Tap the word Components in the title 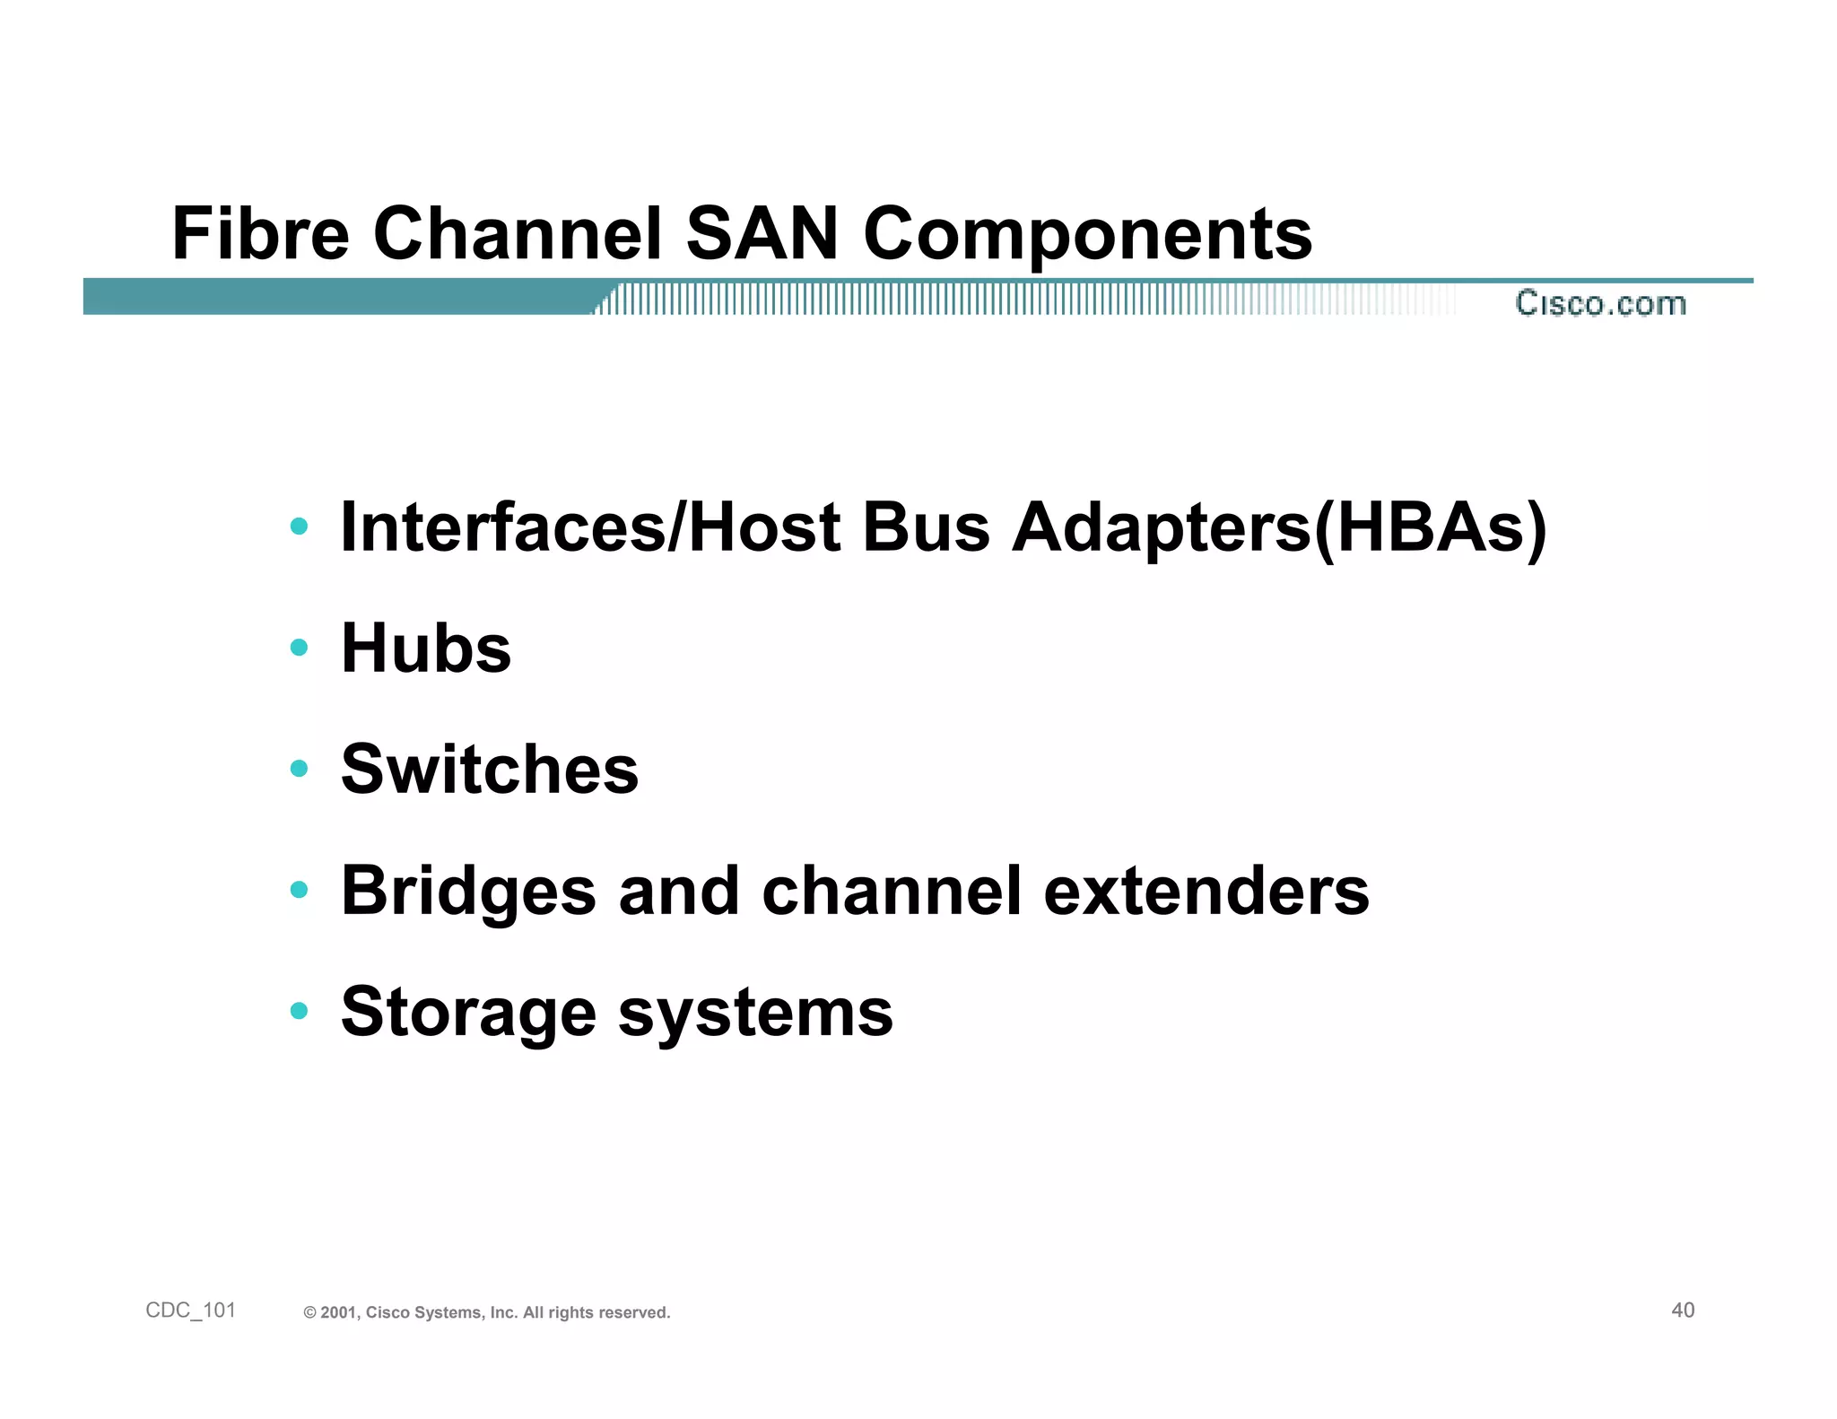click(x=1087, y=235)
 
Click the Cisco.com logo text click(x=1601, y=303)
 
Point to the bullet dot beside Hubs click(x=300, y=647)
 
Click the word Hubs click(x=426, y=648)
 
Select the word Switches click(x=490, y=770)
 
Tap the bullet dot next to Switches click(x=300, y=768)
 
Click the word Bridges click(x=468, y=892)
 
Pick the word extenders click(x=1206, y=892)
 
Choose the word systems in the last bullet click(x=755, y=1014)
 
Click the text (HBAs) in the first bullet click(x=1431, y=527)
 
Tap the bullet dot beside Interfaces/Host click(x=300, y=526)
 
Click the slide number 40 click(x=1683, y=1310)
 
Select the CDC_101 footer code click(x=190, y=1310)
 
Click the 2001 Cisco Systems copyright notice click(x=487, y=1312)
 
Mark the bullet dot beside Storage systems click(x=300, y=1011)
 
